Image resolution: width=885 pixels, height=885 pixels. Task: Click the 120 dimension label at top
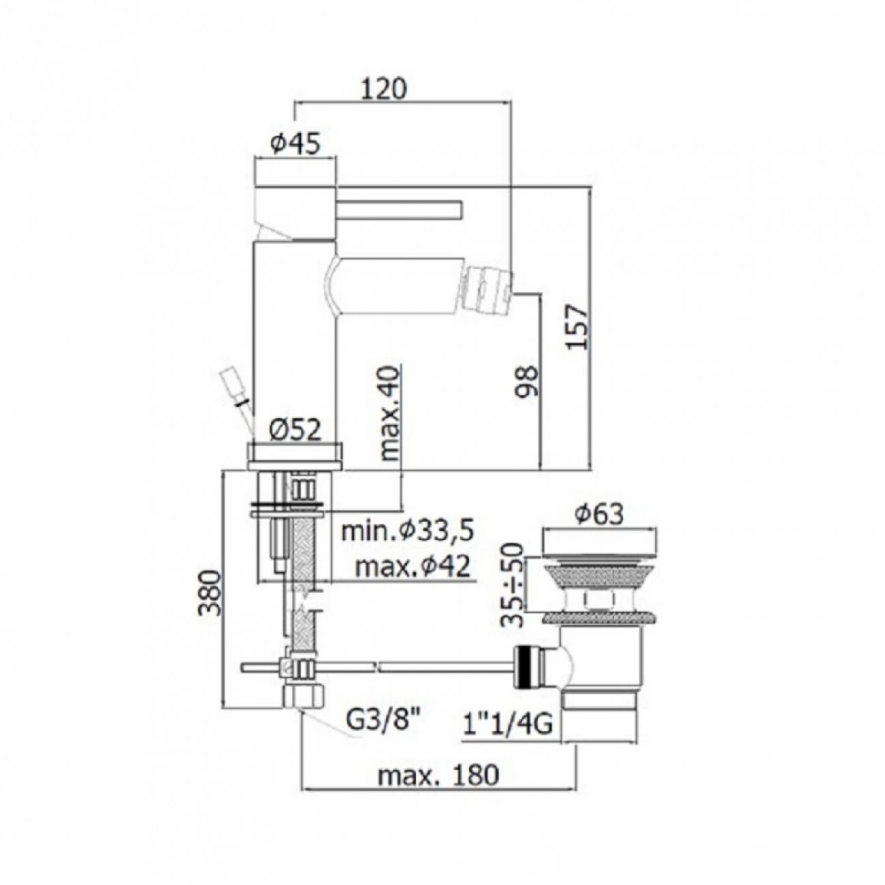(384, 89)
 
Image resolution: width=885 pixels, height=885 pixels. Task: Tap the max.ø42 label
(413, 568)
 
